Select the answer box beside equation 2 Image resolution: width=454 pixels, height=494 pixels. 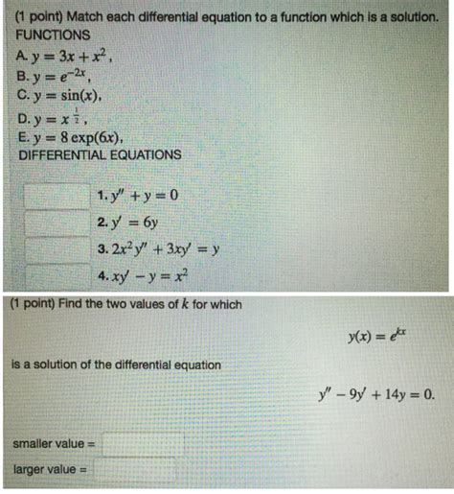pyautogui.click(x=57, y=225)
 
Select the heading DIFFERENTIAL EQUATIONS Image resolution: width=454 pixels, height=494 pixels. pyautogui.click(x=100, y=153)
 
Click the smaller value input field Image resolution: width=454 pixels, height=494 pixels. pyautogui.click(x=143, y=444)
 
